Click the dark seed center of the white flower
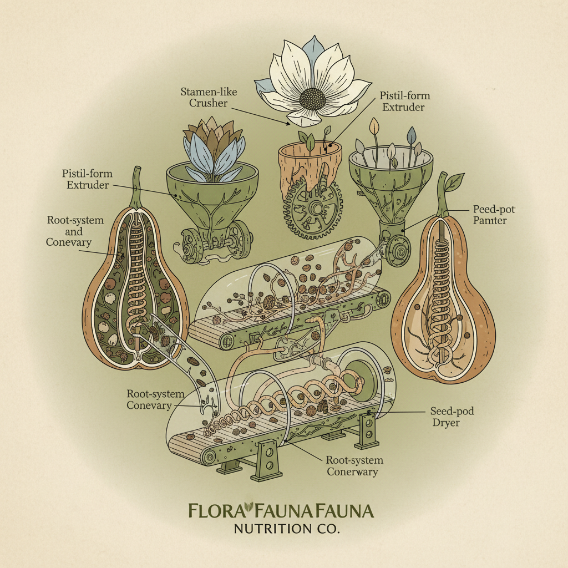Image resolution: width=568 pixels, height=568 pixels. [x=313, y=99]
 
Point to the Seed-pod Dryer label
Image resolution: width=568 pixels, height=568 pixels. [x=453, y=418]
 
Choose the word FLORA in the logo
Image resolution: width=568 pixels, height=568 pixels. [x=216, y=510]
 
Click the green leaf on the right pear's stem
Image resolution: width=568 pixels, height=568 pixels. [x=455, y=181]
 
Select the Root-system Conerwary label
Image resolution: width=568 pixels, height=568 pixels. [x=354, y=466]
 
